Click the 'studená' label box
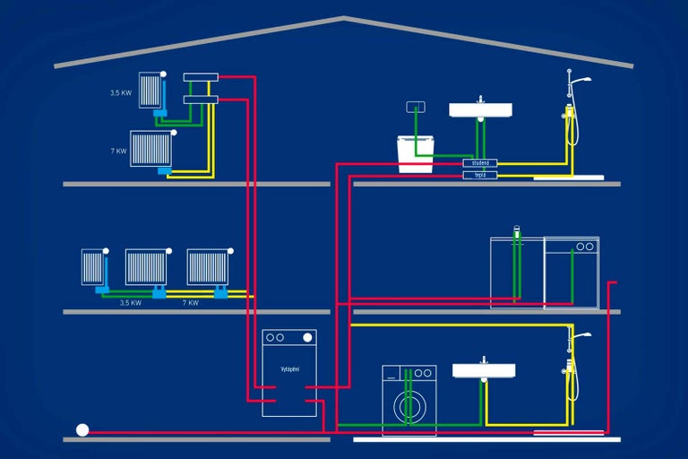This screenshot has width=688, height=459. coord(480,163)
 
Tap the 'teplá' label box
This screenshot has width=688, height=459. coord(480,175)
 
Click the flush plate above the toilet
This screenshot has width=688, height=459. coord(414,108)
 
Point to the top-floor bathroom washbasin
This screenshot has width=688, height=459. coord(480,110)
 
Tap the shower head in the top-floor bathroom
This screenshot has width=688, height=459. coord(580,79)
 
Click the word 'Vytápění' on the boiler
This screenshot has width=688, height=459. coord(289,369)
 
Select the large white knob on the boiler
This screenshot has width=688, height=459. coord(307,338)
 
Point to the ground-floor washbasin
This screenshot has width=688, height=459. coord(484,370)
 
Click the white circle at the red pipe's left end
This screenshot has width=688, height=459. coord(82,430)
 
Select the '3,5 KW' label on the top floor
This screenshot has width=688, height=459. coord(121,91)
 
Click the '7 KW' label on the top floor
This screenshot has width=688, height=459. coord(118,152)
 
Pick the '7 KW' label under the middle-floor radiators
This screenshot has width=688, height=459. coord(190,303)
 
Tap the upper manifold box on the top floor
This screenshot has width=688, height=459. coord(201,78)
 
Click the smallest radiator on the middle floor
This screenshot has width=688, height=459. coord(93,266)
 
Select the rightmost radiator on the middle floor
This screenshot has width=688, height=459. coord(207,266)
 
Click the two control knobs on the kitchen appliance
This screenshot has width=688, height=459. coord(584,247)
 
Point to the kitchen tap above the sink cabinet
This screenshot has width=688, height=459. coord(516,231)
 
